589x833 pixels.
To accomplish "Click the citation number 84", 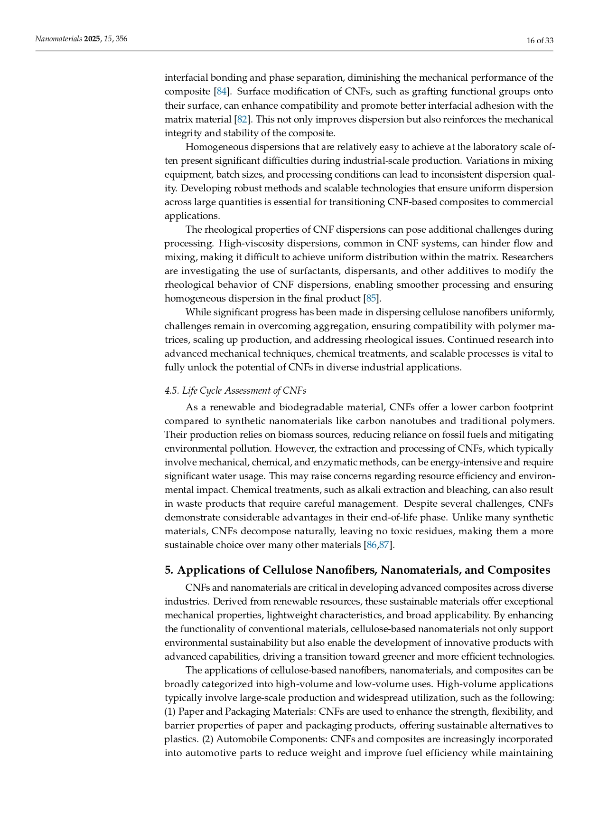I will (x=222, y=91).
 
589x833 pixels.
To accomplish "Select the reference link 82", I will (x=242, y=119).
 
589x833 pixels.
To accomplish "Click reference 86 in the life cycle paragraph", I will (x=372, y=545).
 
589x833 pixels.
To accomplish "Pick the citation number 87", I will (x=384, y=545).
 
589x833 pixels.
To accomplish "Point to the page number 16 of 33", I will (x=540, y=40).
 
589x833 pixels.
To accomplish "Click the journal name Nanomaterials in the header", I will (x=58, y=39).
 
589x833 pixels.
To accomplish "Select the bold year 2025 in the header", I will (x=92, y=39).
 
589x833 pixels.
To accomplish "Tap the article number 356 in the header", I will (x=121, y=39).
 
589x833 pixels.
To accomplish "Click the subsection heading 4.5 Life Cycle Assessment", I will (x=235, y=390).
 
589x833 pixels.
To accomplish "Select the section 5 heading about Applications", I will (x=357, y=570).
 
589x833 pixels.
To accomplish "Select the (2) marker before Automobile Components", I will (x=207, y=739).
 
